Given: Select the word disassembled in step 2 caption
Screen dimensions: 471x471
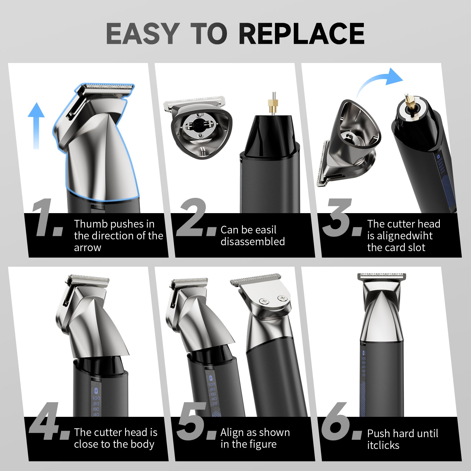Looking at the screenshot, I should coord(253,242).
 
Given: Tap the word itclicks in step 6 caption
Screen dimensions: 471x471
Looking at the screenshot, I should coord(383,445).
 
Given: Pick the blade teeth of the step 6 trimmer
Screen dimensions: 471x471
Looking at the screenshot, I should coord(382,275).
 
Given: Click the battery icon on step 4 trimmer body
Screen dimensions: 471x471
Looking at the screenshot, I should coord(96,391).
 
